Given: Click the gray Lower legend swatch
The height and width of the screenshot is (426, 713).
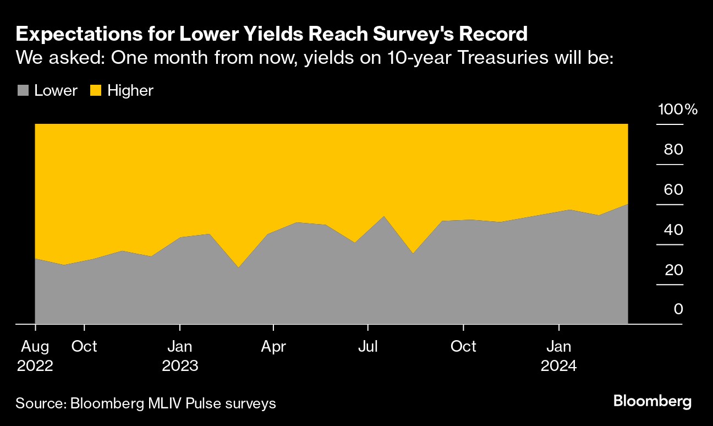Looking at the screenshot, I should (23, 90).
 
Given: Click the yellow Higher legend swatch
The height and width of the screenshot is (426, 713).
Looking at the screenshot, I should (96, 90).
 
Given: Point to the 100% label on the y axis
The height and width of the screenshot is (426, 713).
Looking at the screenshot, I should (677, 109).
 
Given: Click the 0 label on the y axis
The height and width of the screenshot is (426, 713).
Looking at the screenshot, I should (678, 309).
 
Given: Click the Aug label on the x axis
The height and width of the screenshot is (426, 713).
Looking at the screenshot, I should (35, 347).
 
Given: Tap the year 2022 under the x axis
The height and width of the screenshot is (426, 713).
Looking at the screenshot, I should (35, 366).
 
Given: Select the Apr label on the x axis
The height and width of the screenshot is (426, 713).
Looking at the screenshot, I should (273, 347).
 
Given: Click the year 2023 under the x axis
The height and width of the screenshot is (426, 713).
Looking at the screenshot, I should (180, 366).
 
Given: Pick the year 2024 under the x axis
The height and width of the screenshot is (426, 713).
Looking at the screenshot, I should (559, 366).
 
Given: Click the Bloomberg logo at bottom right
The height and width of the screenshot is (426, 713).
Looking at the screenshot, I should (652, 401).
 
